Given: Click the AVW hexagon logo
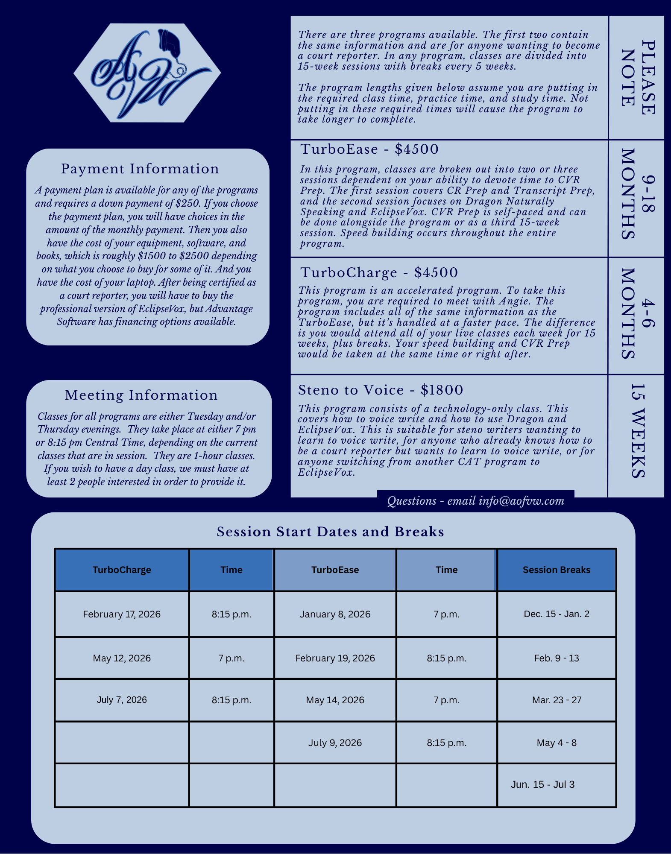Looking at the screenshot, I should click(x=147, y=73).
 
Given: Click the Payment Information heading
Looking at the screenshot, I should click(x=140, y=169).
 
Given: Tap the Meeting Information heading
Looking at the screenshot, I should click(x=141, y=395).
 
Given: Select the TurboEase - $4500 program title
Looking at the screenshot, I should click(x=369, y=149).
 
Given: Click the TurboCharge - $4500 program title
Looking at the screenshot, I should click(x=379, y=272).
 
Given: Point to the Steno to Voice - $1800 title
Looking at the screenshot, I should click(x=381, y=390).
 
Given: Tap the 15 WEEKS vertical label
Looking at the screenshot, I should click(x=637, y=431).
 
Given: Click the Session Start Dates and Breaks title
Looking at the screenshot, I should click(x=330, y=532).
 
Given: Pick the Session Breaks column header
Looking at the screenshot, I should click(x=556, y=570).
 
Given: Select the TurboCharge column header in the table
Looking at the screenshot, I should click(x=122, y=570).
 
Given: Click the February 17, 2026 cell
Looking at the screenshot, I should click(x=122, y=614).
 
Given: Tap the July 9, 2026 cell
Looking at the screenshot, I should click(x=335, y=743).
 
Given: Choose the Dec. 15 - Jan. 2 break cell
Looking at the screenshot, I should click(x=556, y=614).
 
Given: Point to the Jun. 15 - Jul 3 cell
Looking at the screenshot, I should click(x=542, y=785).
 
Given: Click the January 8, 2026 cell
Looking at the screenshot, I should click(x=335, y=614).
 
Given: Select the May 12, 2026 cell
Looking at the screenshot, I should click(x=122, y=658).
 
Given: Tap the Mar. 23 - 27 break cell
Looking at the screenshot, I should click(x=556, y=700).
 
